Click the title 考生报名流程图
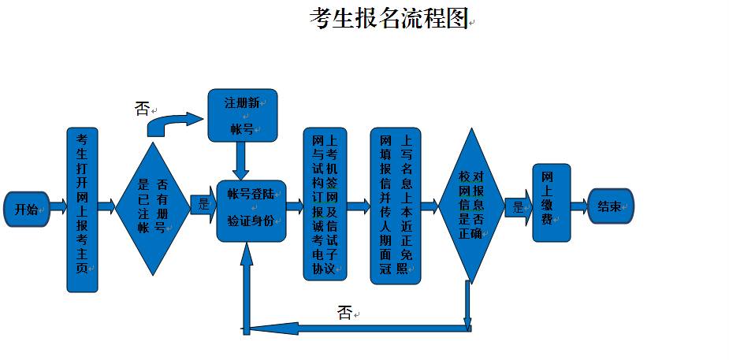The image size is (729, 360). point(389,18)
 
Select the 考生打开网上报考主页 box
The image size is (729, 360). point(82,209)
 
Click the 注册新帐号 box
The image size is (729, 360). point(242,115)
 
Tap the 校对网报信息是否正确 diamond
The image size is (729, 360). point(471,206)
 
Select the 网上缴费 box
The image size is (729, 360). point(551,203)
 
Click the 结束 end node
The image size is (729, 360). point(610,206)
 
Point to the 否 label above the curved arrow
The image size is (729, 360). point(142,109)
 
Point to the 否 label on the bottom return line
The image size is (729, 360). point(344,313)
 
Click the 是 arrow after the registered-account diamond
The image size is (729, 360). point(204,204)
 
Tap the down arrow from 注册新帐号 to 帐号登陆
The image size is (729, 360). point(241,161)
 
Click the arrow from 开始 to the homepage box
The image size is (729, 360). point(58,208)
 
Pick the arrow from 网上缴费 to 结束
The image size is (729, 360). point(578,207)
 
